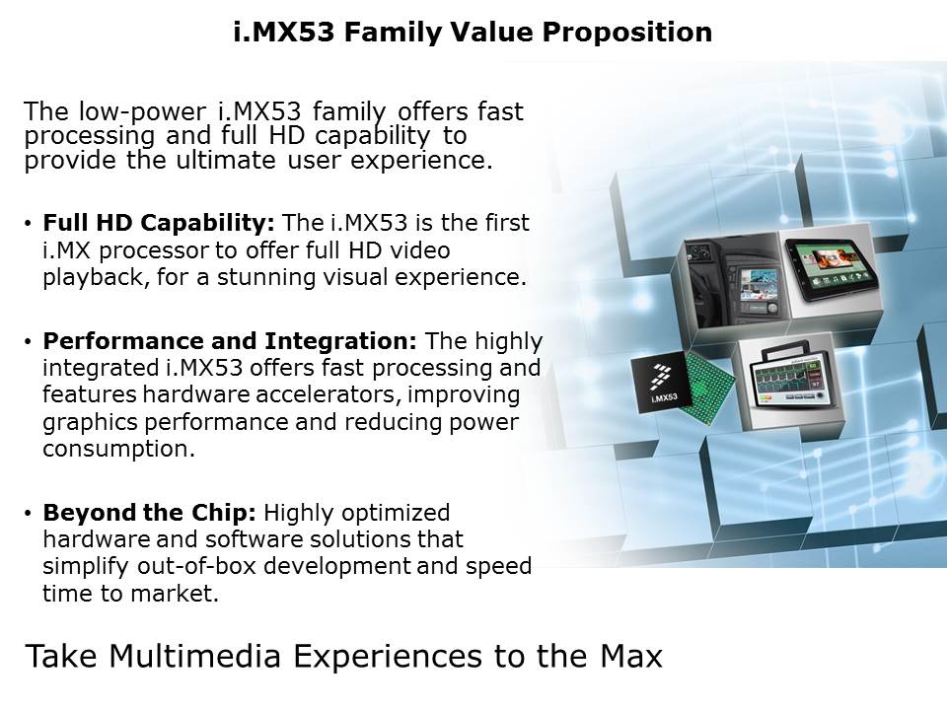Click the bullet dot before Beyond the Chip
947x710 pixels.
[31, 514]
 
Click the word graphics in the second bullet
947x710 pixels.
[89, 422]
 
